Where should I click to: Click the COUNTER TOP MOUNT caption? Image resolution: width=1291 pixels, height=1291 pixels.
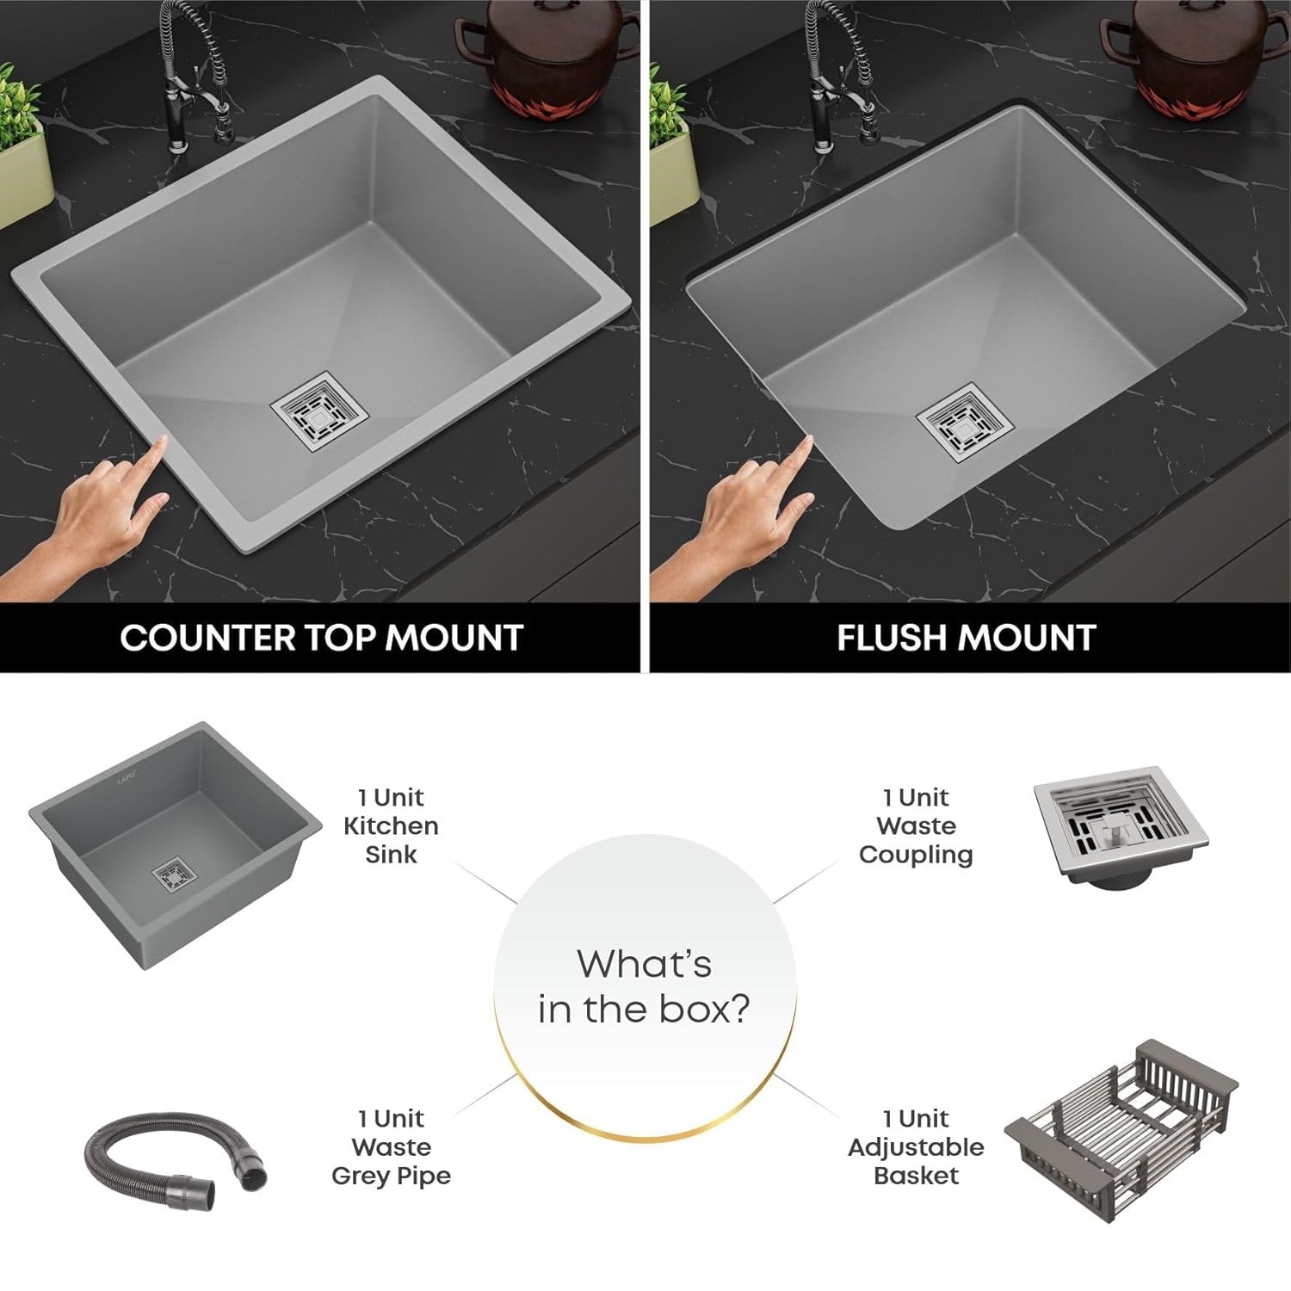click(x=321, y=638)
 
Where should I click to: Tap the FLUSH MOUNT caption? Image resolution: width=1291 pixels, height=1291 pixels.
click(x=966, y=638)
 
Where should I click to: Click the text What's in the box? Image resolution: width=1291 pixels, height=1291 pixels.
click(x=645, y=986)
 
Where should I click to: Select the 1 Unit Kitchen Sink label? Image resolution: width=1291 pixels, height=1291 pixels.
click(x=391, y=826)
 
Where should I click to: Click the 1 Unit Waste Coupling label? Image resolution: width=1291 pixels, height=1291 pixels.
click(x=916, y=826)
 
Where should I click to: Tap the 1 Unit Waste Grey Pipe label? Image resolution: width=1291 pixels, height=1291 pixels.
click(x=391, y=1147)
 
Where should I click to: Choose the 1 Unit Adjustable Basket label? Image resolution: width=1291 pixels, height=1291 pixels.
click(x=916, y=1147)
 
